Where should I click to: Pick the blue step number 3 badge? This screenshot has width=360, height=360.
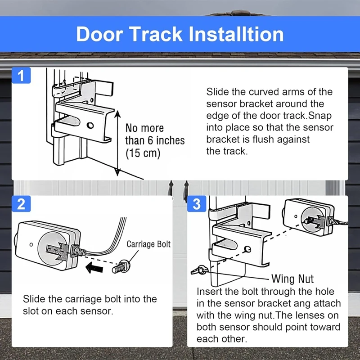(196, 204)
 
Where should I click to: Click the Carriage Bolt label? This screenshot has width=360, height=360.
(148, 244)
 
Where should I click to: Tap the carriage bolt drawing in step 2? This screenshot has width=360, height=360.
(119, 267)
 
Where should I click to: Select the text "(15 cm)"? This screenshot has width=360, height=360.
(143, 153)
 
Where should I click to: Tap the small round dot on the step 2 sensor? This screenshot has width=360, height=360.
(31, 244)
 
